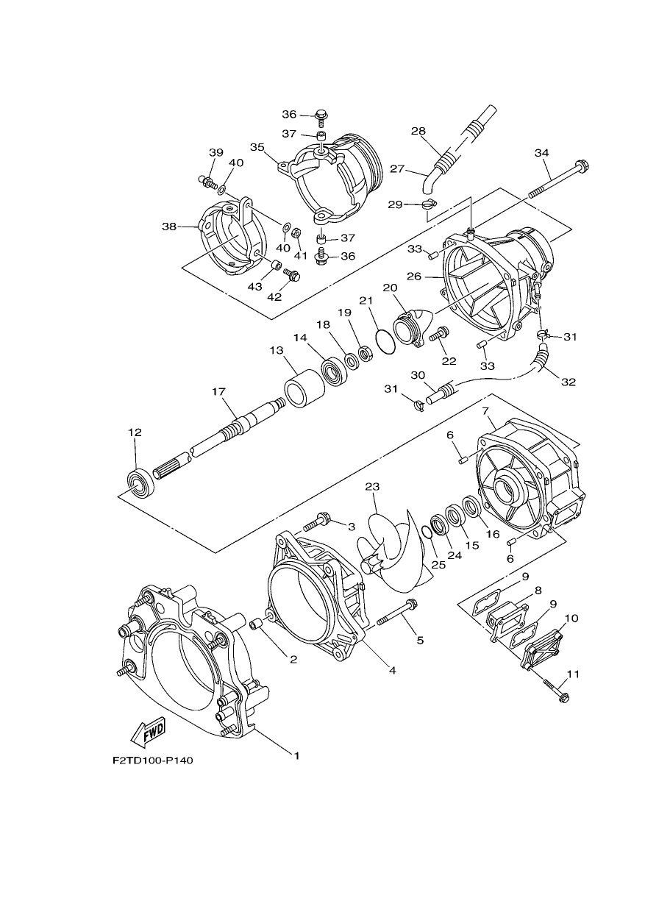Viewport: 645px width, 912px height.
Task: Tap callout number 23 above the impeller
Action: (372, 487)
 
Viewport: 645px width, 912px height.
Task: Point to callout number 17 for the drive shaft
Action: (218, 392)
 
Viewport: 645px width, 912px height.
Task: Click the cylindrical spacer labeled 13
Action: (304, 388)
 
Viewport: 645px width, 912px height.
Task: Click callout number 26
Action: (415, 277)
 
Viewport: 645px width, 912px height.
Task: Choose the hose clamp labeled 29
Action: (429, 204)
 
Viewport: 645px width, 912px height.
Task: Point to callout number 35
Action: (257, 147)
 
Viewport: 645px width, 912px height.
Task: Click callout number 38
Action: (169, 226)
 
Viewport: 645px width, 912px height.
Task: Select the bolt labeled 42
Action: (291, 274)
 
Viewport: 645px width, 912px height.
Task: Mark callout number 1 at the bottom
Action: (297, 755)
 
